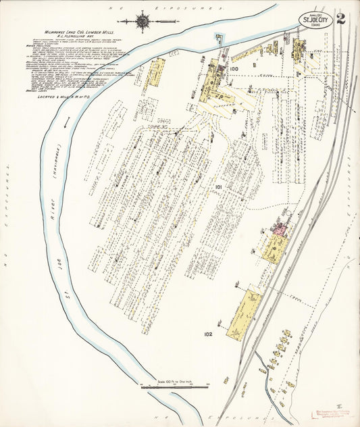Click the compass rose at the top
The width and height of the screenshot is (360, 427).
point(143,22)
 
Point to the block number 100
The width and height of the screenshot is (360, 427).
point(234,68)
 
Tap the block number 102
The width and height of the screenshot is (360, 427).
point(207,333)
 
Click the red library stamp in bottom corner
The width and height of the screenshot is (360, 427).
point(332,413)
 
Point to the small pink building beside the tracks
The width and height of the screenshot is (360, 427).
point(278,230)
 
